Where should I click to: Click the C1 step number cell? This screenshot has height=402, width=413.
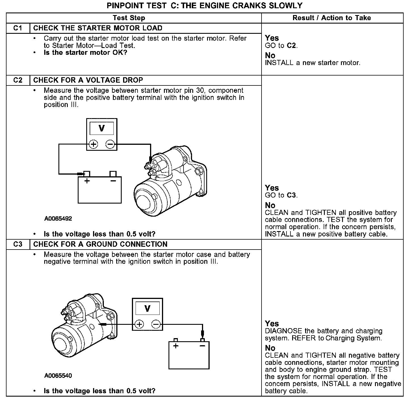click(x=18, y=28)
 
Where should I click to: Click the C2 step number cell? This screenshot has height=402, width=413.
click(x=18, y=80)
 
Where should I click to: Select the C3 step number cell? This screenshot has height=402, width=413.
click(x=18, y=244)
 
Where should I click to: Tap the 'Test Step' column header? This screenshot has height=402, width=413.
click(x=129, y=18)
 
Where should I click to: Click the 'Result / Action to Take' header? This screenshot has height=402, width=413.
click(x=332, y=18)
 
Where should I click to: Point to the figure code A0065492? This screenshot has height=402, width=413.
click(x=58, y=219)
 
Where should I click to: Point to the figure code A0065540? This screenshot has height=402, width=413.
click(x=58, y=376)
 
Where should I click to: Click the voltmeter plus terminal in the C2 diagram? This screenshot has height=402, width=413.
click(x=93, y=145)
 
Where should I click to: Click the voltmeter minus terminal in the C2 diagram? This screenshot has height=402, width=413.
click(x=110, y=145)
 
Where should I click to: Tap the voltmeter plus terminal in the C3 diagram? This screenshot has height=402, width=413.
click(x=139, y=324)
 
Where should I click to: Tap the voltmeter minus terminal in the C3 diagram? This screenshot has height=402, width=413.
click(x=156, y=324)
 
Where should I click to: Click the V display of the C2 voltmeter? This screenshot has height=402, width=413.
click(x=102, y=129)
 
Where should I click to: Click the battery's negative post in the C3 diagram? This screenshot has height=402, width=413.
click(x=202, y=340)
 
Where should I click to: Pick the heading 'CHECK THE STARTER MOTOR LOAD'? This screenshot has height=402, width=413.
click(x=98, y=28)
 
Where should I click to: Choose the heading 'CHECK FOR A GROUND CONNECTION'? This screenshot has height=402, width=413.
click(x=100, y=244)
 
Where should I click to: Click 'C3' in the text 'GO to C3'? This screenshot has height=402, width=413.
click(x=292, y=195)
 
